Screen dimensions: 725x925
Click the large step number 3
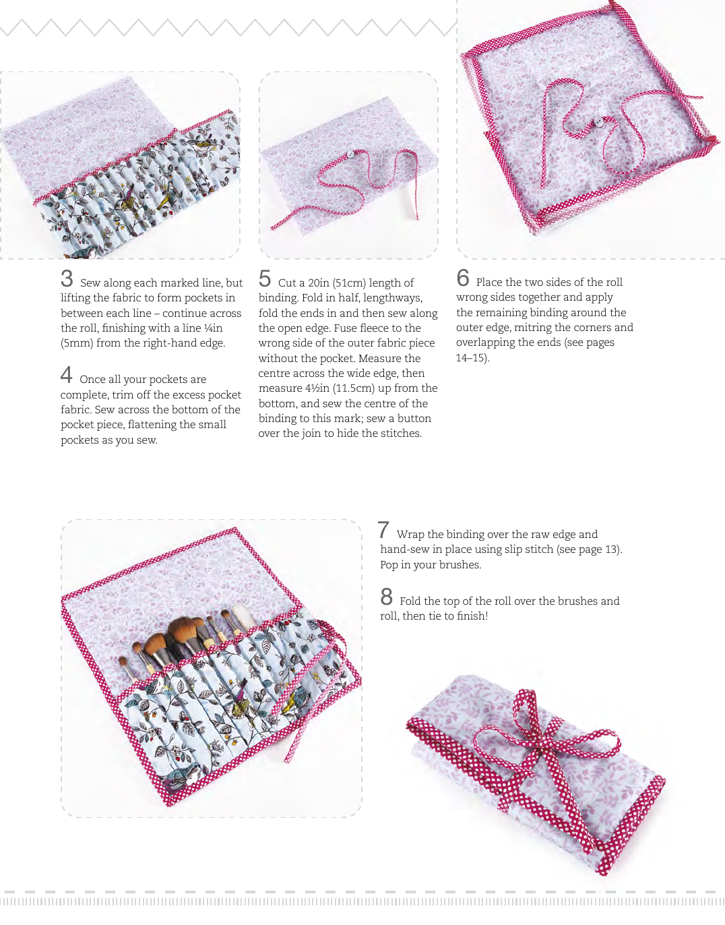[67, 279]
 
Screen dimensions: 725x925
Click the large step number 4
[66, 375]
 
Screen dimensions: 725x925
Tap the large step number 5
[265, 279]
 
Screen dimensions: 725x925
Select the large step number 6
[463, 278]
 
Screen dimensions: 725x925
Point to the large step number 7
[383, 530]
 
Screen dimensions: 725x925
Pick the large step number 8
[386, 597]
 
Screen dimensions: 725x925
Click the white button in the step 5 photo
[351, 154]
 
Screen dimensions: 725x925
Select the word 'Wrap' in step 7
[411, 535]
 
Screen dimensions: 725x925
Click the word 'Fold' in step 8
[410, 601]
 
